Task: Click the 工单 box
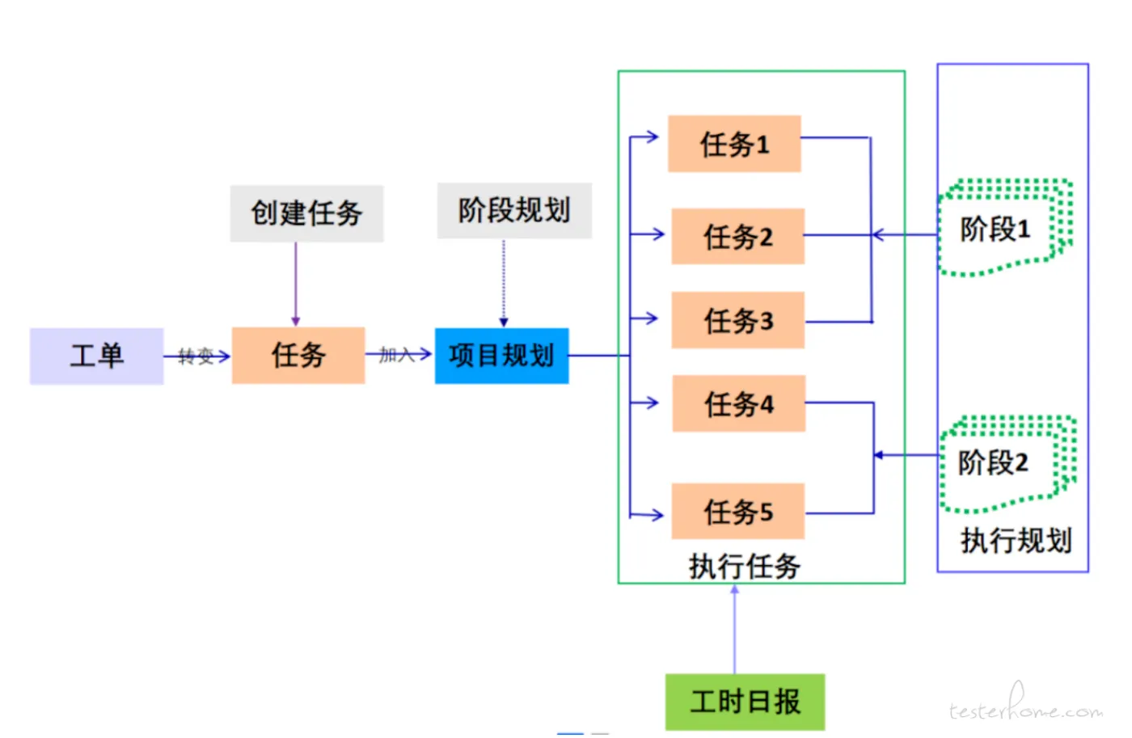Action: (x=96, y=356)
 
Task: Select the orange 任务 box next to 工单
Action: (x=298, y=355)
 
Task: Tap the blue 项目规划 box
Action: (x=501, y=356)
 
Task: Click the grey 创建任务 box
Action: (x=306, y=213)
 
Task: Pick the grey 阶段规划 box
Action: (x=514, y=210)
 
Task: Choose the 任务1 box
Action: (x=734, y=144)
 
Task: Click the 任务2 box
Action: (x=737, y=236)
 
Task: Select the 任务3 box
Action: (x=737, y=320)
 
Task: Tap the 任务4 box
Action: (x=738, y=403)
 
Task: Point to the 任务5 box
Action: (x=737, y=512)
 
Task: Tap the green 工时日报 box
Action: (x=745, y=702)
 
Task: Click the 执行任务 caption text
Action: (x=744, y=566)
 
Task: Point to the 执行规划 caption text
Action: (x=1016, y=540)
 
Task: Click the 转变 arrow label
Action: (x=196, y=356)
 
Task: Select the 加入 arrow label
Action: (x=396, y=354)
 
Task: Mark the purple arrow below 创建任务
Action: (x=296, y=283)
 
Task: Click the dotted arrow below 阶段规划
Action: (x=504, y=283)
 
